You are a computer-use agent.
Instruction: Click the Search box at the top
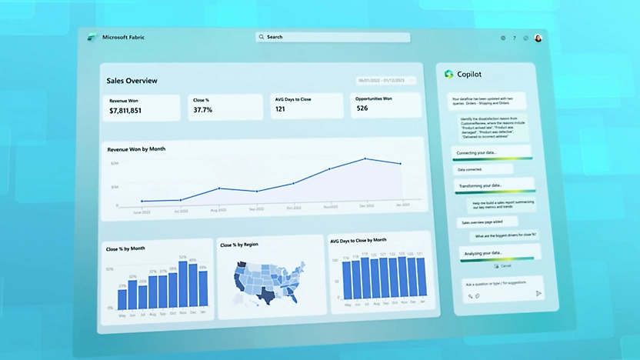coord(332,37)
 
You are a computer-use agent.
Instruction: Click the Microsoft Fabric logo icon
coord(91,37)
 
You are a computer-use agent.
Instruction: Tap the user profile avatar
coord(538,38)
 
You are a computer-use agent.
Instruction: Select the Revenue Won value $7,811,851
coord(125,111)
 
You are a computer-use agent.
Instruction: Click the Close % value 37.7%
coord(202,110)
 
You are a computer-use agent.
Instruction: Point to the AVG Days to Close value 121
coord(281,109)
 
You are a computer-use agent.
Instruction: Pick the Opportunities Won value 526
coord(362,108)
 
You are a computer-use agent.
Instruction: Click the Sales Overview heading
coord(132,80)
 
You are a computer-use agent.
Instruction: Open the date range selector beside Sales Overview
coord(385,80)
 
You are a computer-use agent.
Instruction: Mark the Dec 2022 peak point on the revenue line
coord(366,159)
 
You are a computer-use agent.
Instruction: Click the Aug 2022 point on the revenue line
coord(218,188)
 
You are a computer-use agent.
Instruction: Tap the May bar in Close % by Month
coord(122,298)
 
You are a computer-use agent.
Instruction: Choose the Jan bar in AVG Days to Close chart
coord(420,278)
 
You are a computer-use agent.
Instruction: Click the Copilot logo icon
coord(448,74)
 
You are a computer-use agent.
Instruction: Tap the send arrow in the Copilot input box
coord(538,293)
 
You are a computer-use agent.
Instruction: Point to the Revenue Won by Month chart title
coord(136,149)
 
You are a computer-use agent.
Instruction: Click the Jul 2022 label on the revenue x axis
coord(182,210)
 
